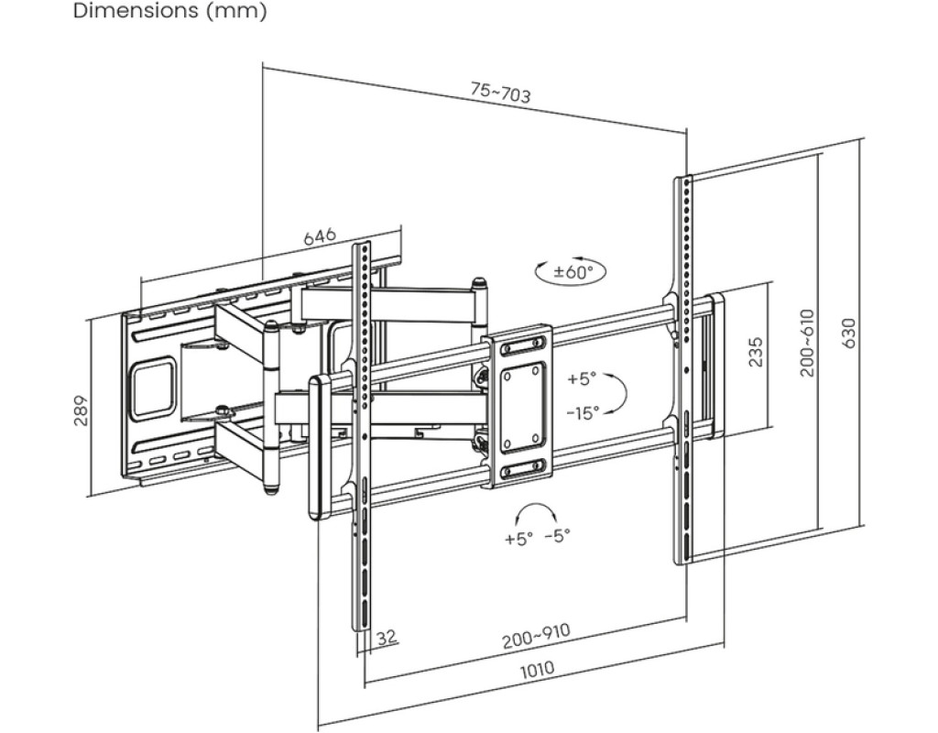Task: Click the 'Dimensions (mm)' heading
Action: (x=169, y=11)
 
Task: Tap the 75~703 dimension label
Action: (x=500, y=93)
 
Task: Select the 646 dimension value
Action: (x=320, y=235)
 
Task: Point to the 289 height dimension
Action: (x=81, y=410)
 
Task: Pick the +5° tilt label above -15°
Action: (x=582, y=378)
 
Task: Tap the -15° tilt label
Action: (x=583, y=412)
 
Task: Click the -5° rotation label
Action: (x=558, y=535)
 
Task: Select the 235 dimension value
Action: (x=756, y=353)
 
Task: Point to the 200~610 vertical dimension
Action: (x=808, y=343)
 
